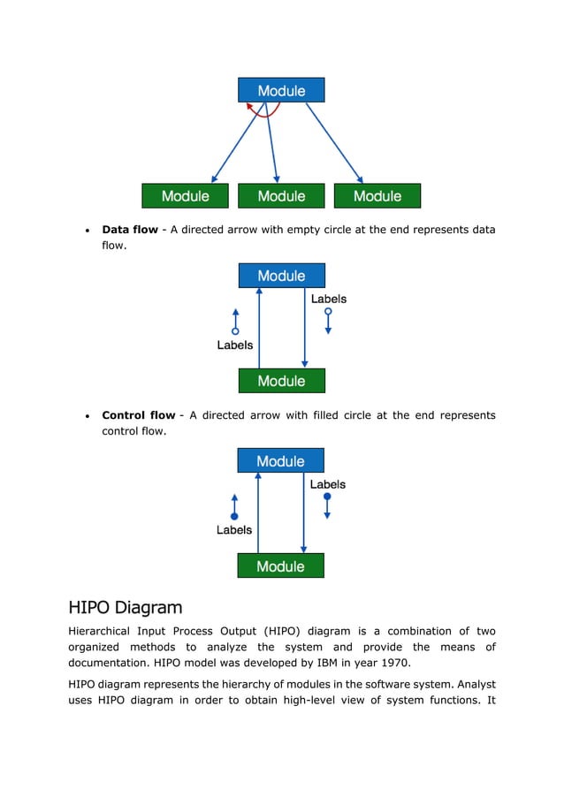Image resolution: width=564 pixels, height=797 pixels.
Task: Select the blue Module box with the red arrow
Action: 281,90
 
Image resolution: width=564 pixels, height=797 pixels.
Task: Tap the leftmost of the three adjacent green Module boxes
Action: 186,196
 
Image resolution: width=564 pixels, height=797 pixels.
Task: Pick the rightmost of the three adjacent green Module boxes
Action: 377,196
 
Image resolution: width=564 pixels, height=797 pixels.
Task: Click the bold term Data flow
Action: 130,230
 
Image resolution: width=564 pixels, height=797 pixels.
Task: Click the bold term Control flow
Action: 139,415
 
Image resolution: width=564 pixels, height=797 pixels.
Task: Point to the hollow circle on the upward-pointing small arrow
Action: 236,330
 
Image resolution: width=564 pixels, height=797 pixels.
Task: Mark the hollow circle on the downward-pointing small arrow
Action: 328,312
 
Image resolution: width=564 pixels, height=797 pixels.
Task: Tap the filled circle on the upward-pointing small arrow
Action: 235,516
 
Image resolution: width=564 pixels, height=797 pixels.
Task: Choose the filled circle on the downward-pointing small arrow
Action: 327,497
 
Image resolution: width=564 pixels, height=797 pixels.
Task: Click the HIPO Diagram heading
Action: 126,608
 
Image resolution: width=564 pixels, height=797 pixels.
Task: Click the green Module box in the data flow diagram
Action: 281,381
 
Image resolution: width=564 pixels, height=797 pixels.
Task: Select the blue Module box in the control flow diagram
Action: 280,461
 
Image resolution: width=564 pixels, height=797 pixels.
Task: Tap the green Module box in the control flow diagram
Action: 280,566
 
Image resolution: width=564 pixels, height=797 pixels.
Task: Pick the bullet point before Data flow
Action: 87,231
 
